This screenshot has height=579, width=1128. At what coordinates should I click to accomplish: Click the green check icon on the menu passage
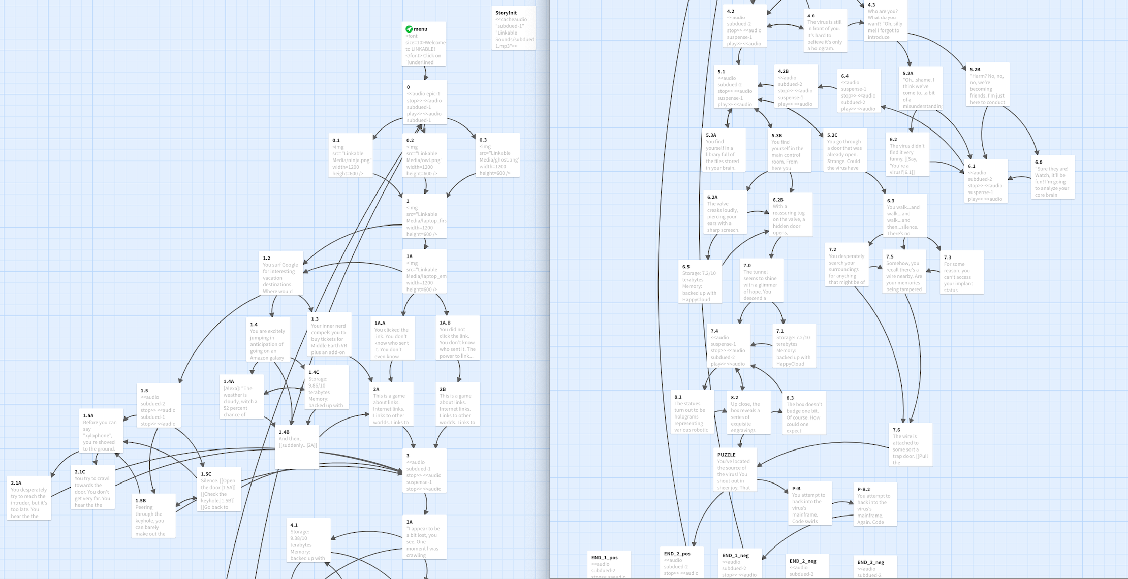(x=409, y=29)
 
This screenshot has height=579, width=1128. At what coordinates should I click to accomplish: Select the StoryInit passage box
(x=514, y=28)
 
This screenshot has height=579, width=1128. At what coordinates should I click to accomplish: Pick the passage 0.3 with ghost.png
(x=498, y=155)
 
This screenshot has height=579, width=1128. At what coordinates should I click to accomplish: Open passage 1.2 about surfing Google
(x=281, y=274)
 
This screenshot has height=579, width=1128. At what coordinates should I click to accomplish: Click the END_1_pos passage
(x=609, y=565)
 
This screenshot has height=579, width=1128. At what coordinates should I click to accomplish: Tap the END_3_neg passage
(x=875, y=568)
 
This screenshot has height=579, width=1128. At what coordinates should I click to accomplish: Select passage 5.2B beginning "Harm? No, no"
(x=987, y=85)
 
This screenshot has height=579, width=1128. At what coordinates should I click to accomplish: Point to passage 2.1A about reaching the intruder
(x=29, y=499)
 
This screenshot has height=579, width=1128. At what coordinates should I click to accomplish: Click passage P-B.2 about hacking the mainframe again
(x=874, y=505)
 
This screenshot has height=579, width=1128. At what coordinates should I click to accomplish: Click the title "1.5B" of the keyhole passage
(x=141, y=501)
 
